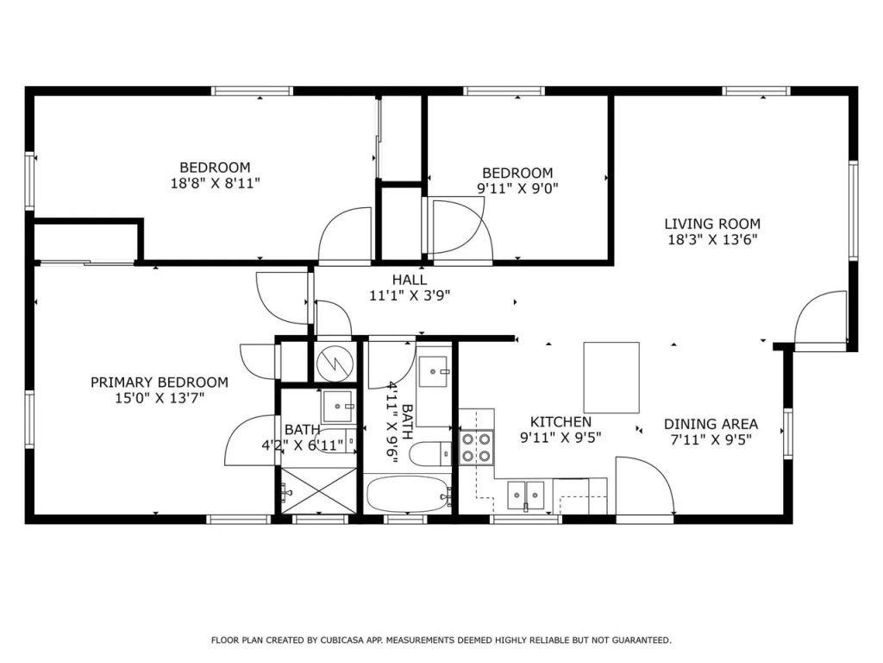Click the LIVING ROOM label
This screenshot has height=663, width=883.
[712, 224]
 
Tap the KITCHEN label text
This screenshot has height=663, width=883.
[560, 422]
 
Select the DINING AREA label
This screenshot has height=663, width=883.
[711, 424]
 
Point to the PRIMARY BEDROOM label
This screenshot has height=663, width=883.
[160, 382]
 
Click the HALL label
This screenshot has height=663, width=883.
[410, 280]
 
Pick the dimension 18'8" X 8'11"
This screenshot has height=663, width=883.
[215, 183]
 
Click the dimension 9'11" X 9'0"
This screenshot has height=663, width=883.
[517, 188]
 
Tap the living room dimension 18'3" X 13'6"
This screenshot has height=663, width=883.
[712, 240]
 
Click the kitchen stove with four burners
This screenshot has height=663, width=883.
[476, 446]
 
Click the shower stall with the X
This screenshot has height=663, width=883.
[318, 491]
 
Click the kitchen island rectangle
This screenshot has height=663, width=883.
[611, 377]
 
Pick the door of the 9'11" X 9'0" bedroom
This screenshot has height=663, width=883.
[460, 228]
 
